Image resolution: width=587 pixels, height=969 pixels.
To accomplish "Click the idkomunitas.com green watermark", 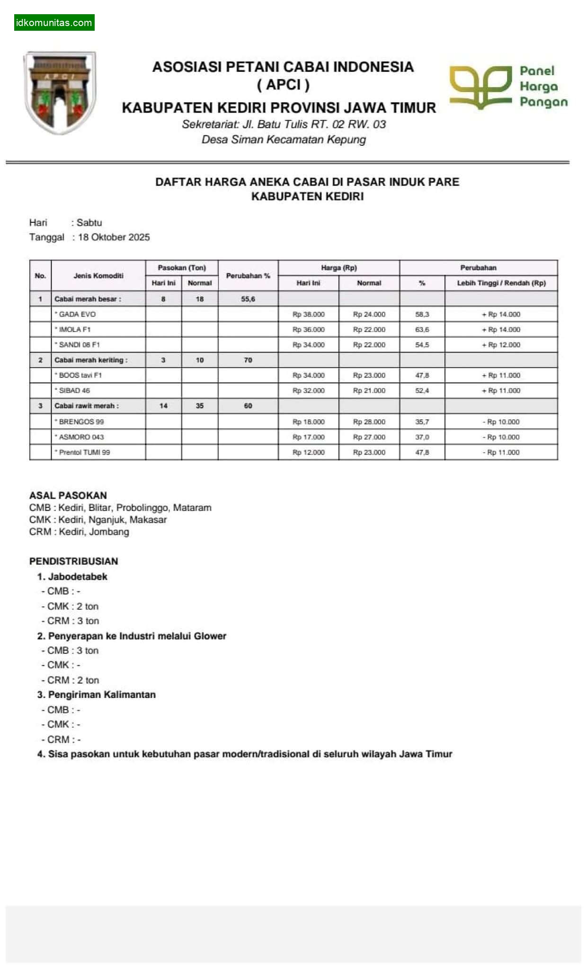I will [54, 23].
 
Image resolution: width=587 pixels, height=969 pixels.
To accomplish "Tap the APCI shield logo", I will [60, 92].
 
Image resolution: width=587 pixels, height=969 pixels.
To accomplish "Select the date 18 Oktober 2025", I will [114, 237].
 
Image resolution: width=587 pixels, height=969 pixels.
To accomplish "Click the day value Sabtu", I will [89, 222].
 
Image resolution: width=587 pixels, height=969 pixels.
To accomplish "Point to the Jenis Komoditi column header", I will [98, 275].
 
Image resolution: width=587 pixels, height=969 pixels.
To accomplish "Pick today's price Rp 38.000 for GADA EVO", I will [309, 314].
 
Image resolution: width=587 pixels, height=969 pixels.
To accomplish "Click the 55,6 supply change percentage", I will [248, 299].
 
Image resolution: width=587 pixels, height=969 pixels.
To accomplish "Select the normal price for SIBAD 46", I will [369, 390].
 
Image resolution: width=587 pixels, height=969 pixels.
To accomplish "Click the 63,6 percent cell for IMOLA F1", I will [422, 329].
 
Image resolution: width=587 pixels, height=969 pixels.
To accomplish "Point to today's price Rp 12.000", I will [309, 452].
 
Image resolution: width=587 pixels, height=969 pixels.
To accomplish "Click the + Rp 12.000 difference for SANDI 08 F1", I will [501, 345].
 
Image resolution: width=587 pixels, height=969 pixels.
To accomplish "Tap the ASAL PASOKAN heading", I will [68, 495].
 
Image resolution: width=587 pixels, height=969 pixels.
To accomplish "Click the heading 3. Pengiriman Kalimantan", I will [97, 695].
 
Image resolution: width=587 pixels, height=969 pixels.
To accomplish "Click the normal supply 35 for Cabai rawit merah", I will [200, 406].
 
